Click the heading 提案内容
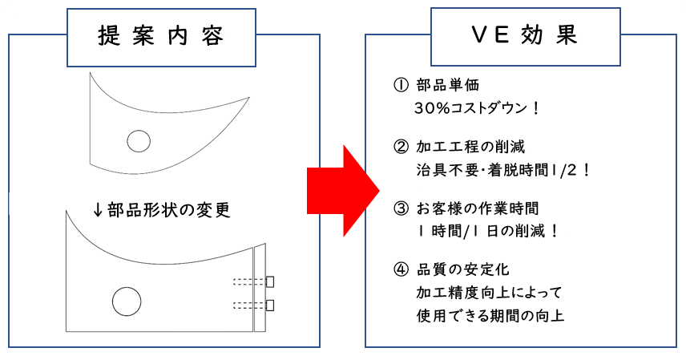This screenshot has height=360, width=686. [160, 35]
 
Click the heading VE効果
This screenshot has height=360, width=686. [525, 34]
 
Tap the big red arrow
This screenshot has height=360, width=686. [343, 191]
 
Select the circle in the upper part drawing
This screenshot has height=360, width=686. [139, 141]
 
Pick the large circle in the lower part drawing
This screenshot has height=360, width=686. [127, 301]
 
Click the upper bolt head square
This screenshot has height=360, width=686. [270, 281]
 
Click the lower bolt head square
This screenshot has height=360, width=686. [270, 305]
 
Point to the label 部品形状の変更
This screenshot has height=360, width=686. [168, 210]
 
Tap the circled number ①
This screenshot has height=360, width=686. [401, 85]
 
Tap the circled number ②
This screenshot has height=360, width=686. [401, 147]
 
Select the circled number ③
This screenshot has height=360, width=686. [401, 208]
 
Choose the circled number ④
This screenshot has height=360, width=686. [401, 269]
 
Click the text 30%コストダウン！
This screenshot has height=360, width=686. [478, 108]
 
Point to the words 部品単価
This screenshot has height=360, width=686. [447, 85]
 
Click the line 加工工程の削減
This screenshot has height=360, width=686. [470, 147]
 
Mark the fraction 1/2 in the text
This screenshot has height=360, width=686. [565, 170]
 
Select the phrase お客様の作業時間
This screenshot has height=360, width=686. [478, 208]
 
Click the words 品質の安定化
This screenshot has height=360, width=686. [463, 269]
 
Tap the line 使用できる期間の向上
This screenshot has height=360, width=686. [490, 315]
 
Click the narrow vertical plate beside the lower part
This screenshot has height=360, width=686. [260, 288]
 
